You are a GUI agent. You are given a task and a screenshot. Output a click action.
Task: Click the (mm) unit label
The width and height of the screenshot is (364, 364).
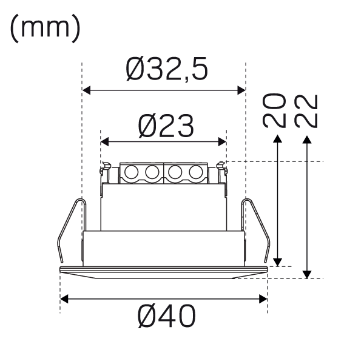pos(45,29)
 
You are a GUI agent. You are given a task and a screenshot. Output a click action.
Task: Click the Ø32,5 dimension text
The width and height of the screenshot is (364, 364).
pos(167,69)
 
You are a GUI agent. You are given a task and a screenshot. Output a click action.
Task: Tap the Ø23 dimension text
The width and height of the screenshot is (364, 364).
pos(166,126)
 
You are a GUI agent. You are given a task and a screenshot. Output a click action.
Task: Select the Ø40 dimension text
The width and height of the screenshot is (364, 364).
pos(167,316)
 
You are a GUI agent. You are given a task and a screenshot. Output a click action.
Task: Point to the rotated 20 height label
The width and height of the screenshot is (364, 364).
pos(274,111)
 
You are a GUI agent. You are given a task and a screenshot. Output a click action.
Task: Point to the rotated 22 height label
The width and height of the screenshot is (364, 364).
pos(306,111)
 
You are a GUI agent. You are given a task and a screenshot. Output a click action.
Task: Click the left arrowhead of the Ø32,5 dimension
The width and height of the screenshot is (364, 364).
pos(86,90)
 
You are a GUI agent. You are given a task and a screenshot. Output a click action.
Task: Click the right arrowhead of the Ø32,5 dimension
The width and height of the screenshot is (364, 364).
pos(241,90)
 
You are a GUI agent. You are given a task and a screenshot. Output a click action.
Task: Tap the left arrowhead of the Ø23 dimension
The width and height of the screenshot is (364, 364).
pos(104,141)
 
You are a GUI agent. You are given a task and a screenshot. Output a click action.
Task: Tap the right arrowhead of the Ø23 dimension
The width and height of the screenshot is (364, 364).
pos(222,141)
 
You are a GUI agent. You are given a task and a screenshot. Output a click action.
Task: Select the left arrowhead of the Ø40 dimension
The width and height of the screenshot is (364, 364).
pos(64,298)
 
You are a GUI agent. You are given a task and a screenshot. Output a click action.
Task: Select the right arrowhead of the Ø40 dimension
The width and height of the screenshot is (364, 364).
pos(263,298)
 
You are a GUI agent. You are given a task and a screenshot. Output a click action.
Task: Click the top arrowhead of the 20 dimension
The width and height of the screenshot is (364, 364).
pos(277,138)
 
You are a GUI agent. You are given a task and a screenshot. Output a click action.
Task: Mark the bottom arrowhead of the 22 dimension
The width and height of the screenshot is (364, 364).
pos(307,275)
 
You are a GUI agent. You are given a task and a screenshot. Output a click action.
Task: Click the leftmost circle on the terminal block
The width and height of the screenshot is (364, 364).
pos(132,172)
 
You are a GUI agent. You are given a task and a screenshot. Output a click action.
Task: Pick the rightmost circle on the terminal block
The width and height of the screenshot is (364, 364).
pos(196,172)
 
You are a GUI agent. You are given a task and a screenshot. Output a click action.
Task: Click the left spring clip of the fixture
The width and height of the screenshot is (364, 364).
pos(72,230)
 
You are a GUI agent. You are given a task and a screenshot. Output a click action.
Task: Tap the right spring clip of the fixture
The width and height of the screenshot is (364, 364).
pos(256,230)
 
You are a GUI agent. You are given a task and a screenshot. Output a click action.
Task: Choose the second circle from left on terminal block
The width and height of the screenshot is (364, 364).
pos(152,172)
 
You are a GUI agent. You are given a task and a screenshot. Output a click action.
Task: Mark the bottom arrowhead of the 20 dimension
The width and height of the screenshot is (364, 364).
pos(277,262)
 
